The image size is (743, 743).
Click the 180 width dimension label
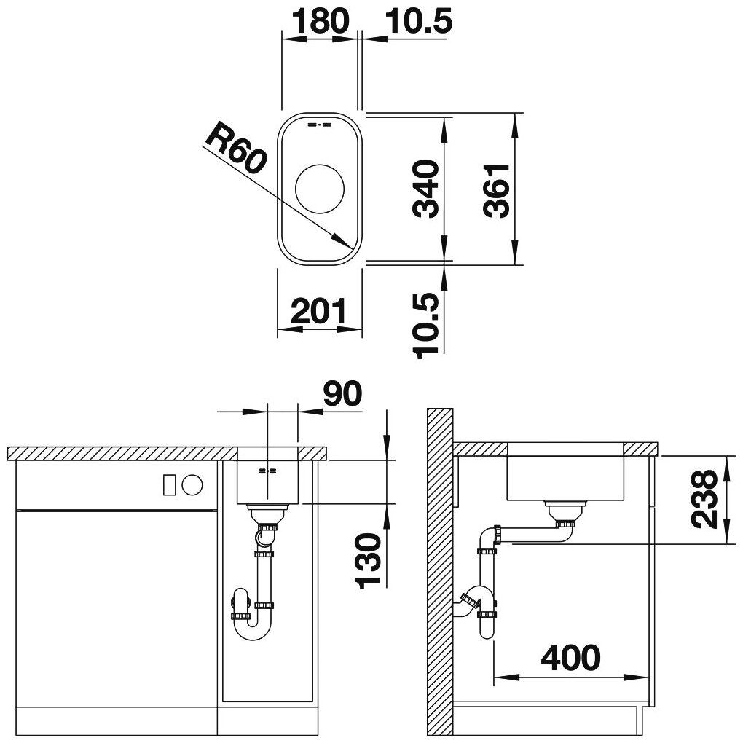[320, 21]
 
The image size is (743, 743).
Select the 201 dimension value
[319, 311]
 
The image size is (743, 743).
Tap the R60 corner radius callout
[235, 147]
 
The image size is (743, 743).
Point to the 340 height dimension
[426, 189]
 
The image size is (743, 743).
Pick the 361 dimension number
[497, 190]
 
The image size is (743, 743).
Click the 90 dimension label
[342, 393]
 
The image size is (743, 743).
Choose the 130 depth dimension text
[368, 561]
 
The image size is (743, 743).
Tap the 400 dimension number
[570, 658]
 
